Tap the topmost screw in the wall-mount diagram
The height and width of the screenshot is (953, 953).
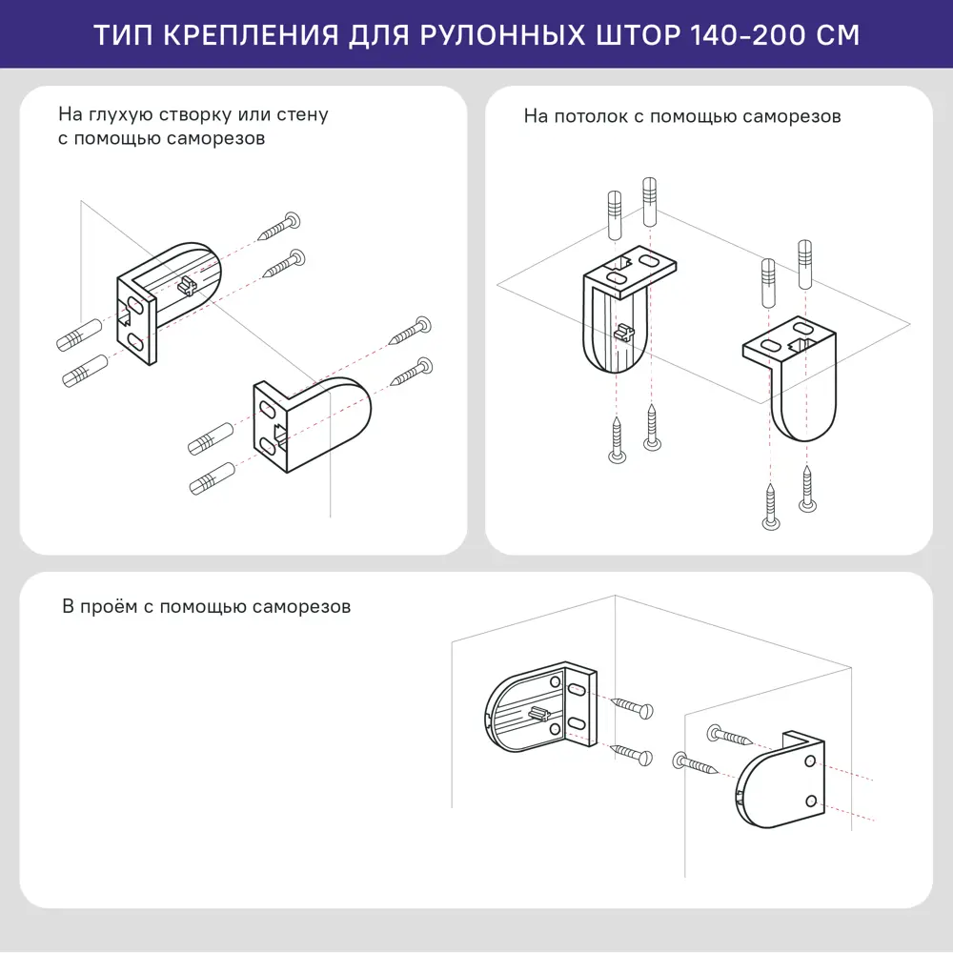point(281,227)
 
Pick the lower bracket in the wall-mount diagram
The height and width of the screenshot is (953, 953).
point(310,424)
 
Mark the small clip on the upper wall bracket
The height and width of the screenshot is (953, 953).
point(187,284)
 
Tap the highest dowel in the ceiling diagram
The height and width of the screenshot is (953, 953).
point(650,199)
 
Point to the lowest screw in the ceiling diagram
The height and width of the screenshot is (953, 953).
point(770,506)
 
